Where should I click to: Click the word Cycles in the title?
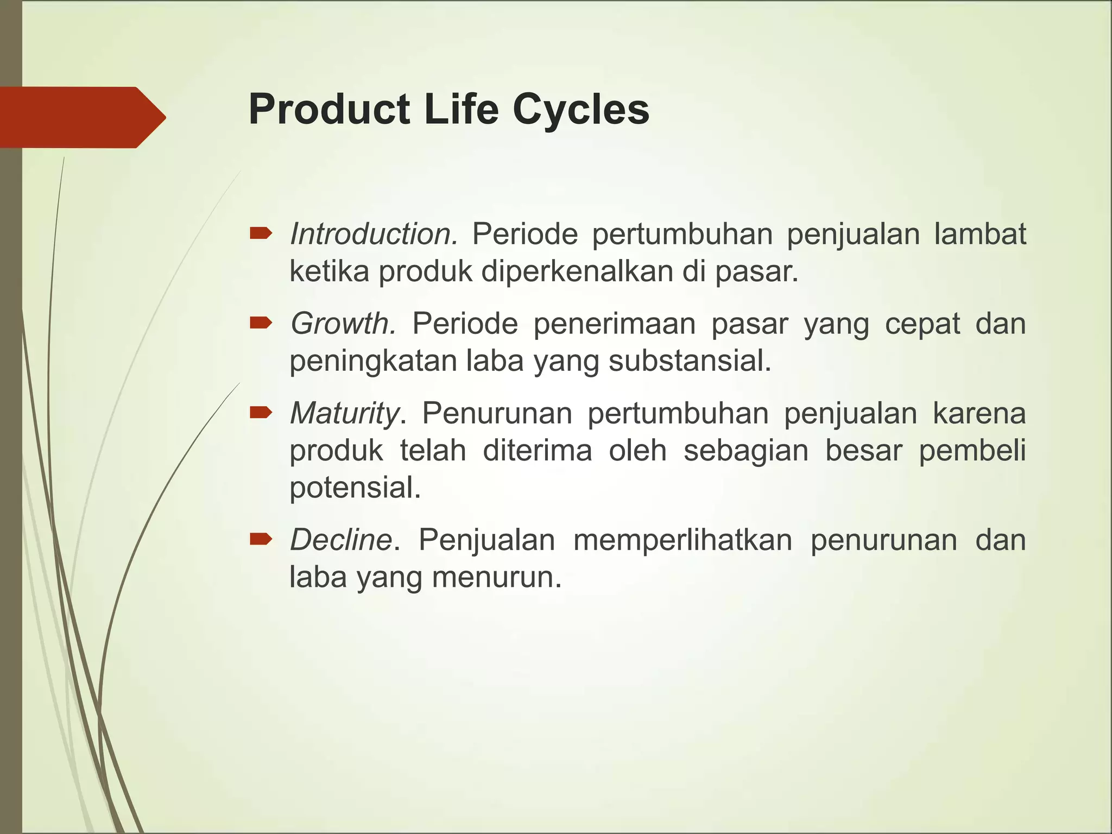click(580, 110)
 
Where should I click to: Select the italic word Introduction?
click(374, 235)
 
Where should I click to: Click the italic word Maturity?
click(345, 413)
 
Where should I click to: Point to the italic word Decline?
click(342, 540)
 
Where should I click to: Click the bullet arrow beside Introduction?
click(261, 234)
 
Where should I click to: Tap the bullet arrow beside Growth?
click(261, 324)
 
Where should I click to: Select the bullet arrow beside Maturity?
click(261, 413)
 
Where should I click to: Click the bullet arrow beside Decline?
click(261, 539)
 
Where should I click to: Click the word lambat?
click(980, 235)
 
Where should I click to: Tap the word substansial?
click(690, 361)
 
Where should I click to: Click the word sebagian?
click(746, 451)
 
